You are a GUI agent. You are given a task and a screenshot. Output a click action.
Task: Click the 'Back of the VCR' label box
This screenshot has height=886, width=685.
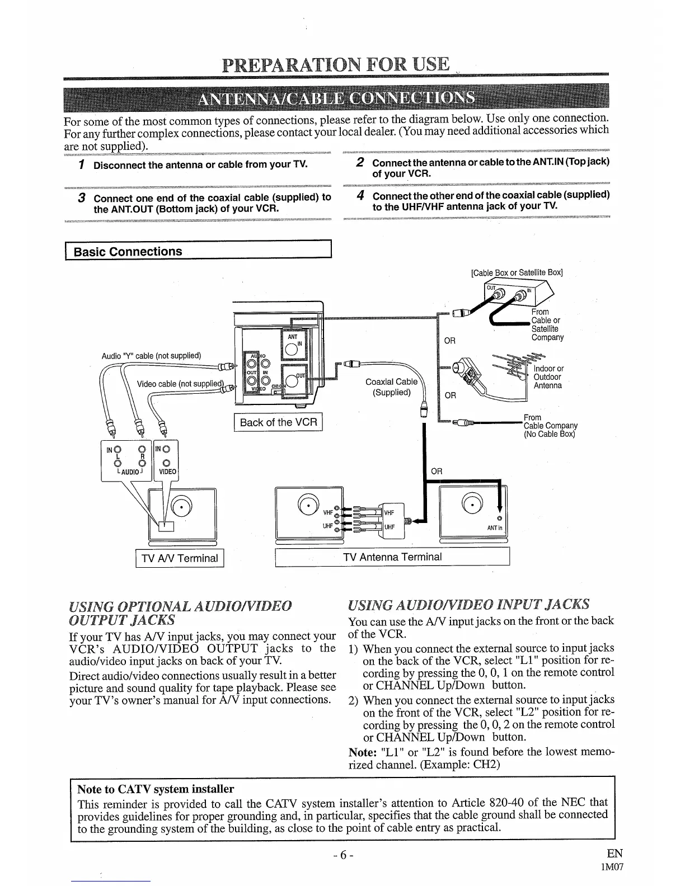coord(278,422)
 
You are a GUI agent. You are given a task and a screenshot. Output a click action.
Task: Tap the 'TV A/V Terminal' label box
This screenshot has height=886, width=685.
coord(180,558)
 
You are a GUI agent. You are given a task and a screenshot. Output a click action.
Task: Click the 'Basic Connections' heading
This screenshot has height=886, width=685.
coord(128,252)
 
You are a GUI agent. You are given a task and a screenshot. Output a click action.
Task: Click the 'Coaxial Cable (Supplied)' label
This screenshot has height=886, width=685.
coord(391,387)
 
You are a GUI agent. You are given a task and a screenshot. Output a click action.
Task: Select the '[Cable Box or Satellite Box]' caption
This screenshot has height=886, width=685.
coord(517,273)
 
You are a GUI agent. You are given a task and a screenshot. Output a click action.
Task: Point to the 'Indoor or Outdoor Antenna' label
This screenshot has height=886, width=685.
coord(548,377)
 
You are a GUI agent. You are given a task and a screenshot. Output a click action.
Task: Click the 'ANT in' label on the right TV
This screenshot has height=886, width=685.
coord(495,529)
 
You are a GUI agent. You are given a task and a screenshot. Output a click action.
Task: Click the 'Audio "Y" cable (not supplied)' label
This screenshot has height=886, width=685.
coord(151,356)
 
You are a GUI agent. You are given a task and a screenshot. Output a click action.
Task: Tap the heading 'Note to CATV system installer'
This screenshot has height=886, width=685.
coord(155,789)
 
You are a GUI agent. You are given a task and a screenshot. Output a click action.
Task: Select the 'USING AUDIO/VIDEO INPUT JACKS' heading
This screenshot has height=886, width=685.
coord(468,604)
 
